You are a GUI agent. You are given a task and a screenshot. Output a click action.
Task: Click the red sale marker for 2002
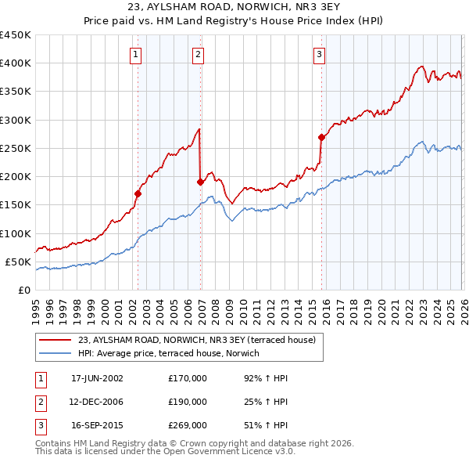point(138,193)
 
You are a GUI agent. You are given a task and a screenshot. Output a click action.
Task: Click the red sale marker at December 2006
point(200,182)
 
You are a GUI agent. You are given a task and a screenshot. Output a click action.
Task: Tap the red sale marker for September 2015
point(321,137)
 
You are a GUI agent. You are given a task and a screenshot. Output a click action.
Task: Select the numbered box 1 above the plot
point(137,54)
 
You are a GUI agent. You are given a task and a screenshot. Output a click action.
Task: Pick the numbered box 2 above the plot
point(199,54)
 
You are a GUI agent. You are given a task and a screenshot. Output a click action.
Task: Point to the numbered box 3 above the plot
point(320,54)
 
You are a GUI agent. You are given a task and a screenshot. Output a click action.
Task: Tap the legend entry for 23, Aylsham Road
point(196,340)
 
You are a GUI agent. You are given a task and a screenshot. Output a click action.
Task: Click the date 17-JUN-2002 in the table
point(97,378)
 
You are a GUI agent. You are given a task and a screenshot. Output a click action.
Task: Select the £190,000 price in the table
point(188,402)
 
